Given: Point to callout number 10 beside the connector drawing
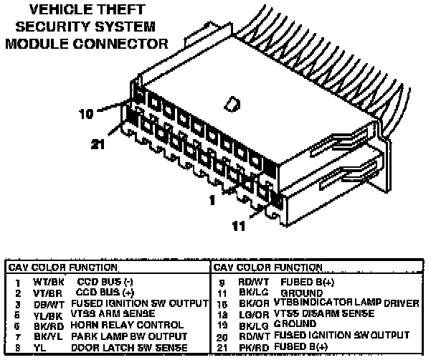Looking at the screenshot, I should (x=87, y=113).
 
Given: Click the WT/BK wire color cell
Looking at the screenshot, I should (x=43, y=283).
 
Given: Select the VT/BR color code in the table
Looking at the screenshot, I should (x=43, y=294).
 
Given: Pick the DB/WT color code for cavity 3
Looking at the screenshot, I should (x=44, y=304).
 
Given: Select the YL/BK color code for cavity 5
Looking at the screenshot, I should (x=43, y=315).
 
